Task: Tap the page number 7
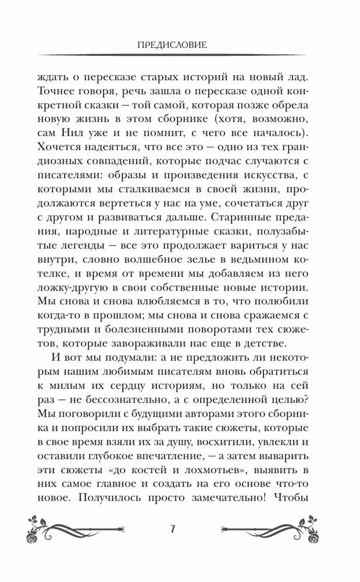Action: point(173,528)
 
